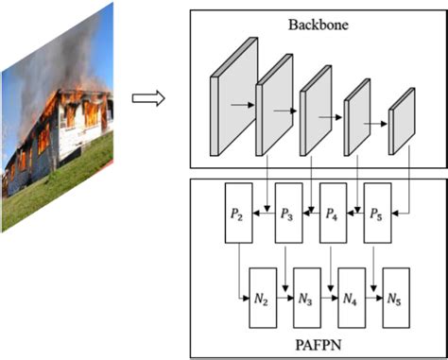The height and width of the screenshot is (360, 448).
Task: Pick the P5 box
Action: click(376, 215)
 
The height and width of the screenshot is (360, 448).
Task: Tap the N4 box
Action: click(351, 300)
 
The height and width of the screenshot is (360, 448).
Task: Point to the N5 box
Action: click(393, 300)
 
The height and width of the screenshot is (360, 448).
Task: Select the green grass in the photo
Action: click(66, 184)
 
